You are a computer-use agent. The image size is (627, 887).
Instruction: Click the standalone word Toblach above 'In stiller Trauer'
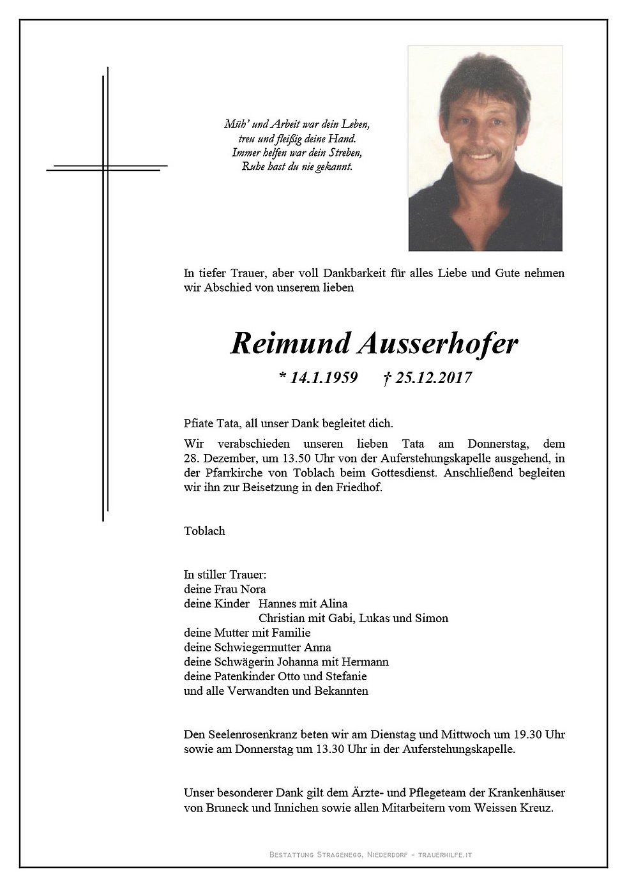click(x=204, y=531)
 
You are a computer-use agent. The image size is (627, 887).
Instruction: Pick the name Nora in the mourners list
click(x=253, y=589)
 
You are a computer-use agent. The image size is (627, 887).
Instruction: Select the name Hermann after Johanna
click(x=365, y=662)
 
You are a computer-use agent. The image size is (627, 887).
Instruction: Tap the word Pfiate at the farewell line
click(x=199, y=423)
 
